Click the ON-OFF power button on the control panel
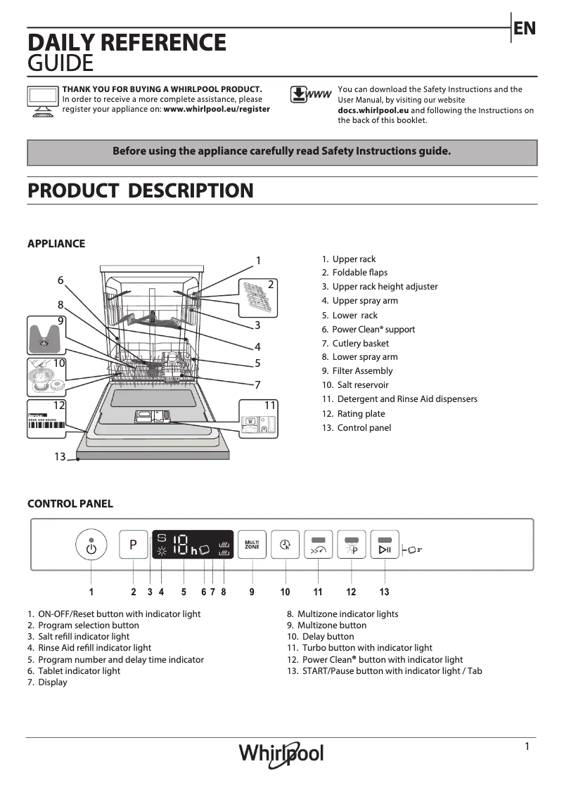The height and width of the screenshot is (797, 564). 91,545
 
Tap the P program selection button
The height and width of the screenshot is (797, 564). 133,545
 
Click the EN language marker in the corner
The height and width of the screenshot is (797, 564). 525,28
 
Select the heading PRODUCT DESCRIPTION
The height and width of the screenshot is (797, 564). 140,190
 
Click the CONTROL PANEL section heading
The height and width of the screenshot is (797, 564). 70,504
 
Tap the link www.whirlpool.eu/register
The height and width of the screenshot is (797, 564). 217,110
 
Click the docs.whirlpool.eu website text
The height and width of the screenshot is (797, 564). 373,110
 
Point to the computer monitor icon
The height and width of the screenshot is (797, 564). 43,101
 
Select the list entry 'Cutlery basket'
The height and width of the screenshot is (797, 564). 360,344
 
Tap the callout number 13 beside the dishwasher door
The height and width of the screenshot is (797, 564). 60,457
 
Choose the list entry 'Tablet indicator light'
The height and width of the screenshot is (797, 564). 79,670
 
